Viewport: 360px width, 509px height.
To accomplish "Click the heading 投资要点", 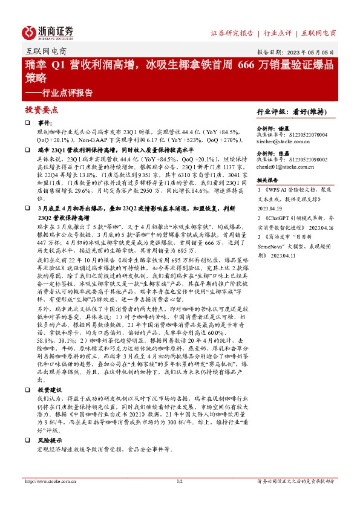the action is tap(42, 110).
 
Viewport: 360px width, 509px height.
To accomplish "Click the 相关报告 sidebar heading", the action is tap(267, 180).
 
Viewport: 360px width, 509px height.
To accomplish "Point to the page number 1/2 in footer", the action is tap(179, 481).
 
